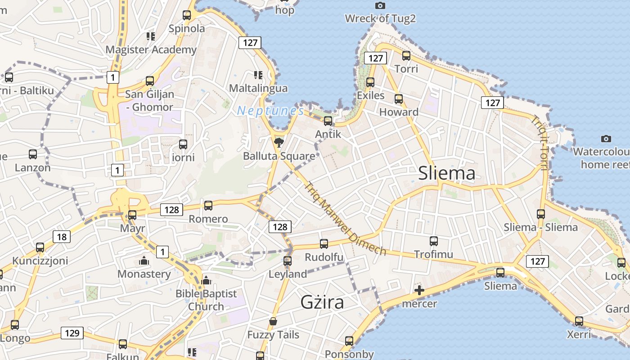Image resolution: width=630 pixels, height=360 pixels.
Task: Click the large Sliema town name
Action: point(446,173)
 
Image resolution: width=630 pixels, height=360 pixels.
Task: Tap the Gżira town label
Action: point(322,302)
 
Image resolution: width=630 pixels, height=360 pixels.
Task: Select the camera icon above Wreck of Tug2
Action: point(380,5)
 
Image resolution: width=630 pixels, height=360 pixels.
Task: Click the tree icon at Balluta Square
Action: point(279,143)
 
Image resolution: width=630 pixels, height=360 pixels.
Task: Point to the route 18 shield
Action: point(62,237)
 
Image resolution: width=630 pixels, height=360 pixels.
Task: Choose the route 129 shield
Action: point(72,333)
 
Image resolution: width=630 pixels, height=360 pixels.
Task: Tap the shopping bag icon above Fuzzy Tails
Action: point(273,321)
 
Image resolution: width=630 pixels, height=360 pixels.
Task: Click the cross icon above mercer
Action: point(419,290)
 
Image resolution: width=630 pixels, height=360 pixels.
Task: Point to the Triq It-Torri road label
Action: point(539,143)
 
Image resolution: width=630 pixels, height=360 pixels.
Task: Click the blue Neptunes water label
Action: point(270,110)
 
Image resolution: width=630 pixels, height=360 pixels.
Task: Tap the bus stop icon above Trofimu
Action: point(434,241)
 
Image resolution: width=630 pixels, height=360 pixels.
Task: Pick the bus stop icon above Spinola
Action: point(187,15)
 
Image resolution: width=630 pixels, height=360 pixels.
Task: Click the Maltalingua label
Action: point(258,88)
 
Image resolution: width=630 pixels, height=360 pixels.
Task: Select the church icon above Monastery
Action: point(144,261)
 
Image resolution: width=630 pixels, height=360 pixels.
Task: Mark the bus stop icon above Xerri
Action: point(579,321)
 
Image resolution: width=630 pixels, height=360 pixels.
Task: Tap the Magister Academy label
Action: point(151,49)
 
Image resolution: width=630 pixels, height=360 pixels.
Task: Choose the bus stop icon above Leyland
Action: point(288,261)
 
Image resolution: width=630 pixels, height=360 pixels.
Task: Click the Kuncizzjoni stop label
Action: point(40,261)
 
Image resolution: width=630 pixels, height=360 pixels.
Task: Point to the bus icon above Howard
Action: point(399,99)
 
